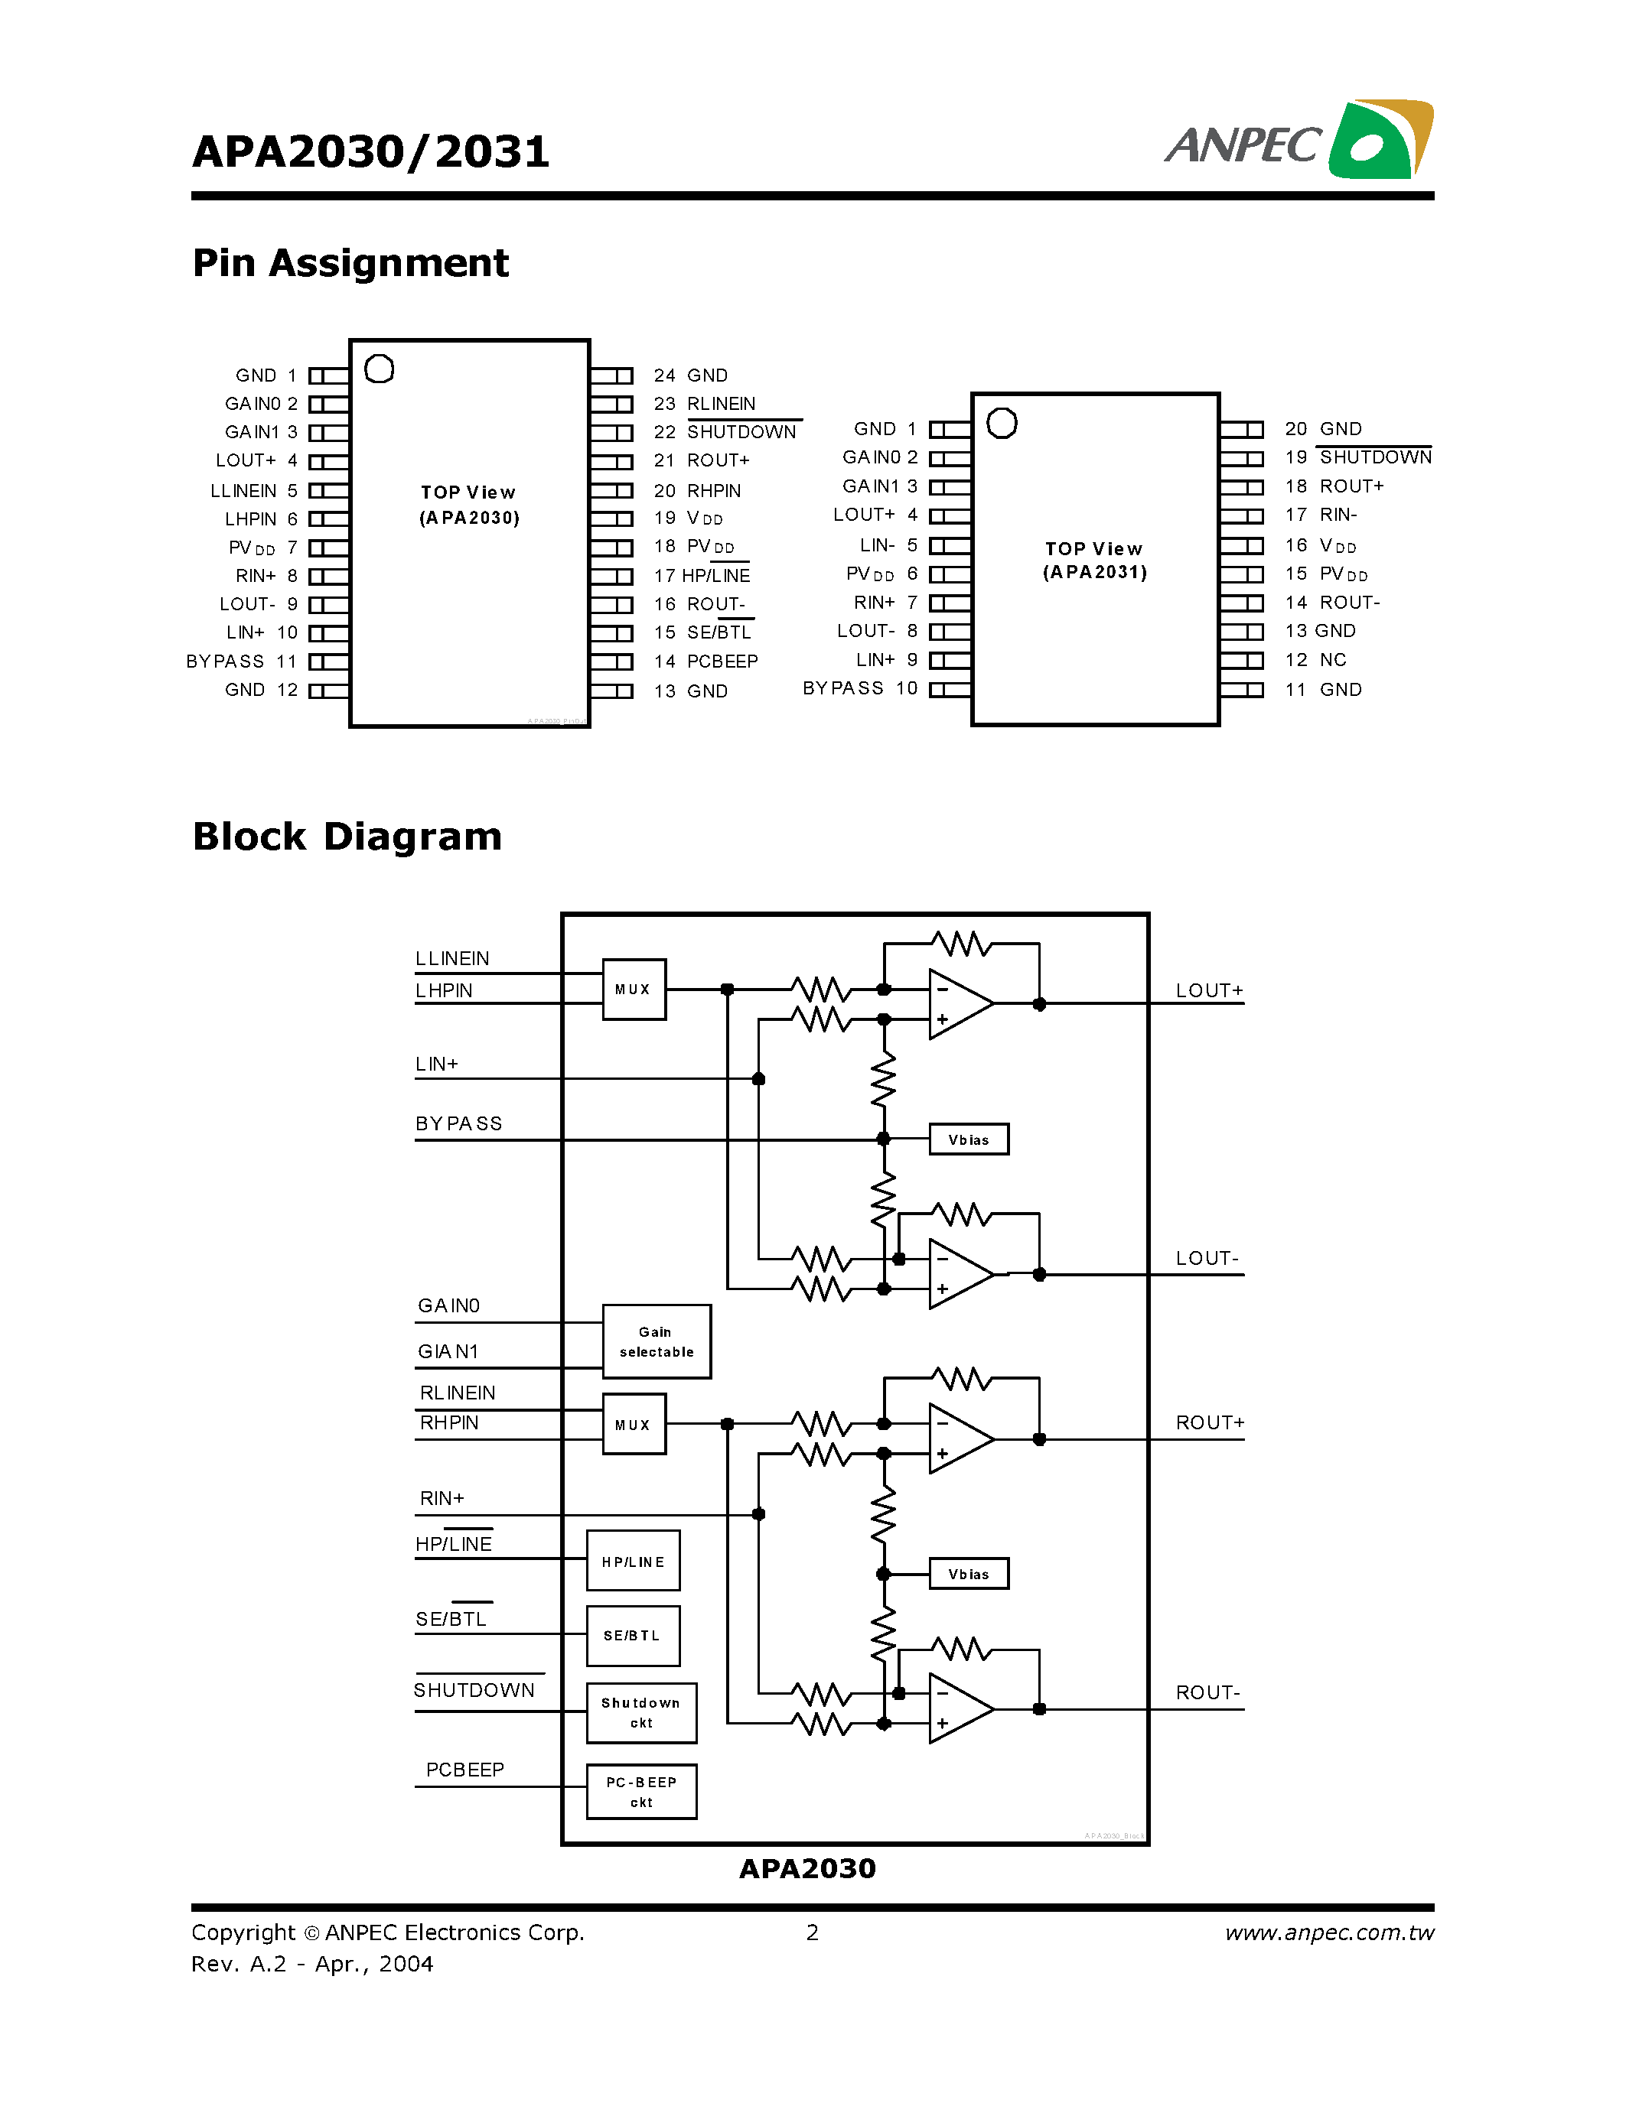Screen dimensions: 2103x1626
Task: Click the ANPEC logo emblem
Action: (x=1380, y=140)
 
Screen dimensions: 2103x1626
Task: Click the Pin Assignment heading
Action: (x=350, y=263)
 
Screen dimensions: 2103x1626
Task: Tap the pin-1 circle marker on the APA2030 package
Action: (x=379, y=369)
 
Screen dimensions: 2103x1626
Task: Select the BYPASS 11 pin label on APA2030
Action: (x=241, y=661)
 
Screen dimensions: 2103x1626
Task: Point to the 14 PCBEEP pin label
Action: (x=706, y=661)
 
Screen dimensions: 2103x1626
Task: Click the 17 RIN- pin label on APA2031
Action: (x=1321, y=515)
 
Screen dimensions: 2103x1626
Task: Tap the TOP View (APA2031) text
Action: (x=1094, y=561)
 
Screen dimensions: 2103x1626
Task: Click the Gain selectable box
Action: (x=656, y=1341)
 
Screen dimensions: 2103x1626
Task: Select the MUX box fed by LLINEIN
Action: (x=633, y=989)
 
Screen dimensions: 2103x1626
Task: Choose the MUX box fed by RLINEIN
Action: (x=633, y=1424)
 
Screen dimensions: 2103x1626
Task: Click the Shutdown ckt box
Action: (x=640, y=1712)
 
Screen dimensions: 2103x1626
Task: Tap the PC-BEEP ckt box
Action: (x=640, y=1791)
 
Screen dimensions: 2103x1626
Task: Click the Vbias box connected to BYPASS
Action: (x=968, y=1139)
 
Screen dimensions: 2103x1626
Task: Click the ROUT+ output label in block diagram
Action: (x=1209, y=1422)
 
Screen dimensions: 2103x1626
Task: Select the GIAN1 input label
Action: (x=448, y=1351)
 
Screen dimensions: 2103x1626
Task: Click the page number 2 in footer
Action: (x=812, y=1932)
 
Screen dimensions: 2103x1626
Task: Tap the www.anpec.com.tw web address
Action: (x=1328, y=1932)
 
